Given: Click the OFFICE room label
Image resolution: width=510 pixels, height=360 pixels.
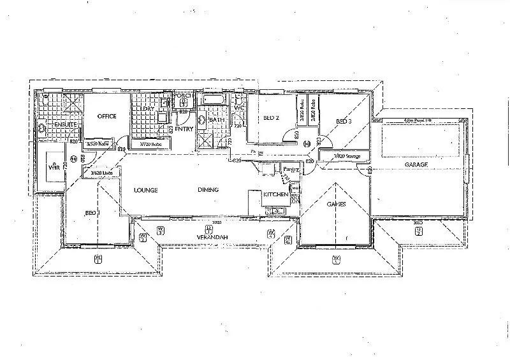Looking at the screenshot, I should click(105, 117).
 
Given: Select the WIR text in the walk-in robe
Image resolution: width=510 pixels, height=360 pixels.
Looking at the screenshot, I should click(54, 166).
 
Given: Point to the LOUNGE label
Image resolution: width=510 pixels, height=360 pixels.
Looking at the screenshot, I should click(145, 190).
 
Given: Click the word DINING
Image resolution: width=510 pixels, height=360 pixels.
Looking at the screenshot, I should click(208, 190).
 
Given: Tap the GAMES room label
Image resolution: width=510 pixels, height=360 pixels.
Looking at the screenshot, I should click(336, 205).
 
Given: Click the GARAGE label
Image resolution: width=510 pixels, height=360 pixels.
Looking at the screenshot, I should click(416, 164).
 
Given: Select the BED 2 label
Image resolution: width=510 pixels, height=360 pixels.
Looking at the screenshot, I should click(271, 118).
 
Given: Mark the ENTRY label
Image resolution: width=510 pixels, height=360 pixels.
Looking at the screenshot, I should click(184, 129).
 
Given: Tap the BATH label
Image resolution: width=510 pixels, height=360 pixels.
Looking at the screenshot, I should click(217, 120).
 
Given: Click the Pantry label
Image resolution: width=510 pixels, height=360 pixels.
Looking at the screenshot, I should click(291, 169).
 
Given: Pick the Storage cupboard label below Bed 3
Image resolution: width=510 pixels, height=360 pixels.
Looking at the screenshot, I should click(343, 156).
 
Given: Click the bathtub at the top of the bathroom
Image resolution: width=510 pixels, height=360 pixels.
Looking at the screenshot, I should click(212, 100).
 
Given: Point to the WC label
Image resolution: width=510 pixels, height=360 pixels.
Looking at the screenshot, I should click(239, 108).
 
